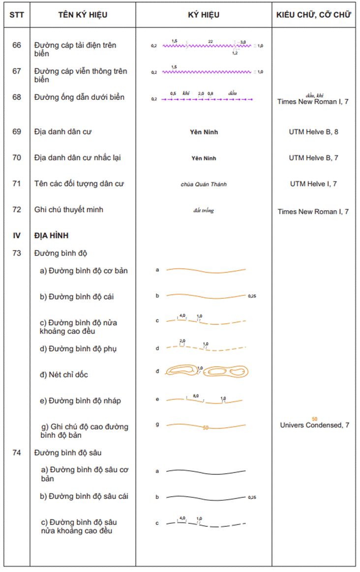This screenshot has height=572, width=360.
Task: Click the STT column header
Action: tap(17, 15)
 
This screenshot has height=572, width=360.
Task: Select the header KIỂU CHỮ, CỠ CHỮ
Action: tap(313, 15)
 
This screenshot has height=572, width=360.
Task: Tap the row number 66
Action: tap(17, 45)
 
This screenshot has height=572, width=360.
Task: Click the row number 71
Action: tap(17, 184)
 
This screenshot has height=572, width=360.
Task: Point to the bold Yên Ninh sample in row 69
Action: tap(204, 132)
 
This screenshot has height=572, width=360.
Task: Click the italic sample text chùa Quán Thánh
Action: tap(204, 184)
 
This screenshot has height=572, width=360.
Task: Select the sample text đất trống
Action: tap(204, 211)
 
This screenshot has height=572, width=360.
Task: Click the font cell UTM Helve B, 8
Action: tap(313, 132)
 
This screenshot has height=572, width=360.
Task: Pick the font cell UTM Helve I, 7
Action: tap(313, 184)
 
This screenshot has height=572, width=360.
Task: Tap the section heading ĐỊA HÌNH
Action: tap(51, 235)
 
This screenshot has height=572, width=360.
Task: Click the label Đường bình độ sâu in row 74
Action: tap(68, 453)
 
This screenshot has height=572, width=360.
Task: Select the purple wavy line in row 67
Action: tap(207, 72)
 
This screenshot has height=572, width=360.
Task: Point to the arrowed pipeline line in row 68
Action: tap(207, 100)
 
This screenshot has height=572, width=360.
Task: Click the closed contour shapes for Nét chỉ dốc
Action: tap(207, 372)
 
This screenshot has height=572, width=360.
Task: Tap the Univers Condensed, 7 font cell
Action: tap(314, 425)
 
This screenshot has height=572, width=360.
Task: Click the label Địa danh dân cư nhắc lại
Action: tap(78, 158)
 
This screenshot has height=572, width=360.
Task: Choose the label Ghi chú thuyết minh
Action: tap(69, 210)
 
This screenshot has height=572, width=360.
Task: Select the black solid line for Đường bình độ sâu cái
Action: tap(206, 497)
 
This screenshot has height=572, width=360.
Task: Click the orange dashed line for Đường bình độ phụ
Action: tap(206, 348)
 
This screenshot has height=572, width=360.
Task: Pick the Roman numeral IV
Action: tap(17, 235)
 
